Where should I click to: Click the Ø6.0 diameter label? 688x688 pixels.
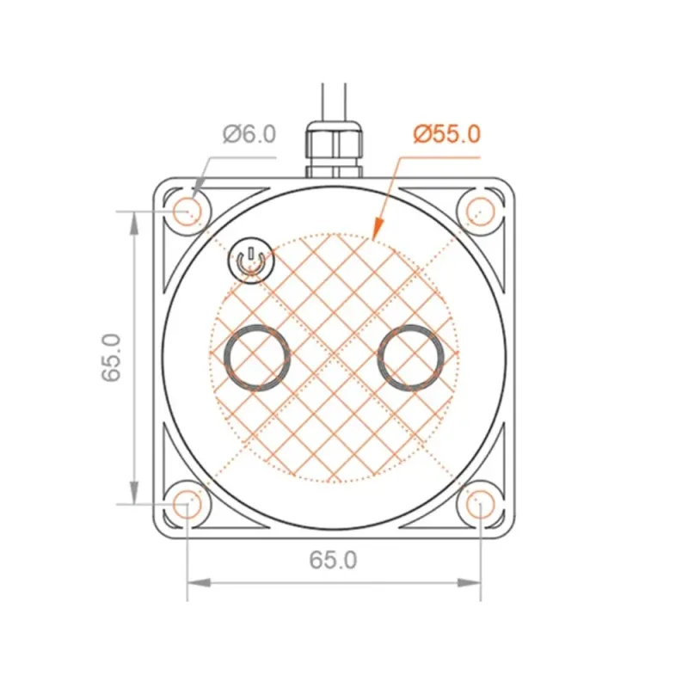pyautogui.click(x=249, y=134)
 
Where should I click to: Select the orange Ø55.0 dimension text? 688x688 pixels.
pyautogui.click(x=446, y=134)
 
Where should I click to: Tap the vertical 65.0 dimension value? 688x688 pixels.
pyautogui.click(x=112, y=358)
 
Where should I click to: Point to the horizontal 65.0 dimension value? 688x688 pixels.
pyautogui.click(x=333, y=560)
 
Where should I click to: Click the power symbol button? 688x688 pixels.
pyautogui.click(x=251, y=261)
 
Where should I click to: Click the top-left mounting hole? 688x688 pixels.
pyautogui.click(x=187, y=212)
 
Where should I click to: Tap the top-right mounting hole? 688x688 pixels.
pyautogui.click(x=481, y=212)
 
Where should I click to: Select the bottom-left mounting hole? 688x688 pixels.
pyautogui.click(x=187, y=505)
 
